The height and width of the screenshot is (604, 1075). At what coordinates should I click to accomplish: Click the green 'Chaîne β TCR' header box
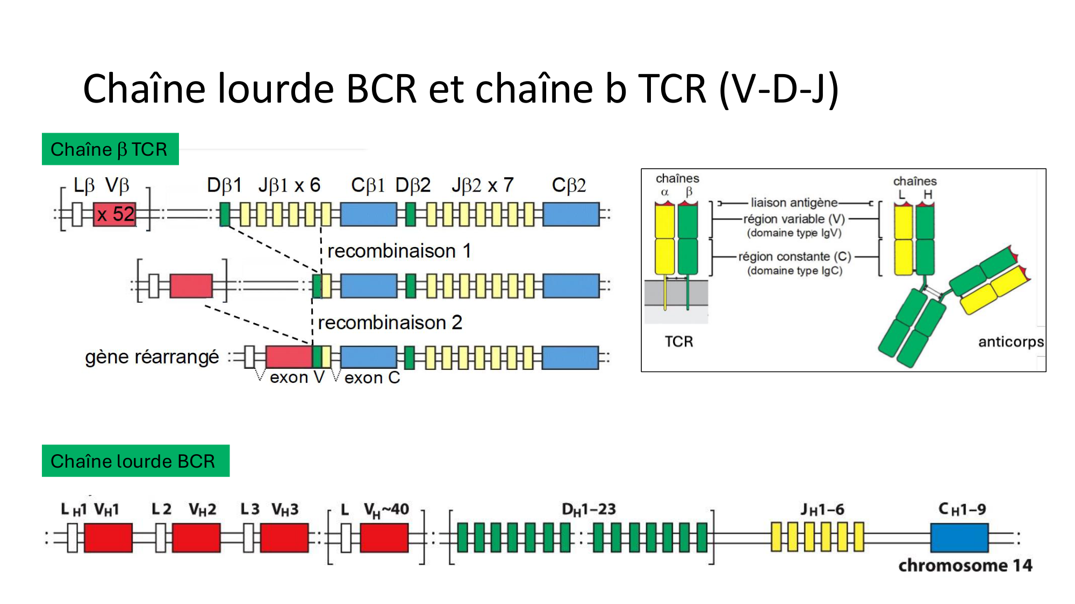coord(110,149)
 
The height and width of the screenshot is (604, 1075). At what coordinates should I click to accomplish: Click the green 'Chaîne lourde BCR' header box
coord(135,461)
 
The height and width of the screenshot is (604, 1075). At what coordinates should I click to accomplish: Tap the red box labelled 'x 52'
coord(114,214)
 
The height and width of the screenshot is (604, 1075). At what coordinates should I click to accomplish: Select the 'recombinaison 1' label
coord(399,251)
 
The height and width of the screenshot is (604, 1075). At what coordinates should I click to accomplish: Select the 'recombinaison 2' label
coord(390,323)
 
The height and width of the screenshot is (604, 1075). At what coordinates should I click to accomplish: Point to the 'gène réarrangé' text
coord(152,357)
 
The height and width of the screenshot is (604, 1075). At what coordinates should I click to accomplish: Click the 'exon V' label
coord(297,377)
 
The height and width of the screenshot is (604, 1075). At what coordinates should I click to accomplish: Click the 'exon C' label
coord(372,377)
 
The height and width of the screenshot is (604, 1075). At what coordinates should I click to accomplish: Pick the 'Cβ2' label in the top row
coord(569,185)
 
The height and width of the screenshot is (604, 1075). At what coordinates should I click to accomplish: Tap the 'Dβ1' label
coord(224,185)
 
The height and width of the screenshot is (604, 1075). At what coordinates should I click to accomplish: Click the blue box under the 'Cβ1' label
coord(369,214)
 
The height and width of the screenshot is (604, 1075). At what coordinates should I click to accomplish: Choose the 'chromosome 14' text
coord(965,565)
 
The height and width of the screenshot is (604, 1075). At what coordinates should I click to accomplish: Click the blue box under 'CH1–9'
coord(959,537)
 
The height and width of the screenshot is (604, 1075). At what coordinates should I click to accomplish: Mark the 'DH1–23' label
coord(589,509)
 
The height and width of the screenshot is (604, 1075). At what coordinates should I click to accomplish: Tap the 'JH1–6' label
coord(822,509)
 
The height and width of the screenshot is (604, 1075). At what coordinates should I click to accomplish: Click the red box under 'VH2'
coord(196,537)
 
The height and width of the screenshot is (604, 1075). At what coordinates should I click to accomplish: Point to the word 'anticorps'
coord(1010,342)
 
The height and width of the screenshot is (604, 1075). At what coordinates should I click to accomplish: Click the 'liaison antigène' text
coord(794,202)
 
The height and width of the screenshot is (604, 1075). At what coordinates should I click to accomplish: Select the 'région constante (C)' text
coord(794,257)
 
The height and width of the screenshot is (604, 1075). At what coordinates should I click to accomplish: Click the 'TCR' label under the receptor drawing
coord(679,341)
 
